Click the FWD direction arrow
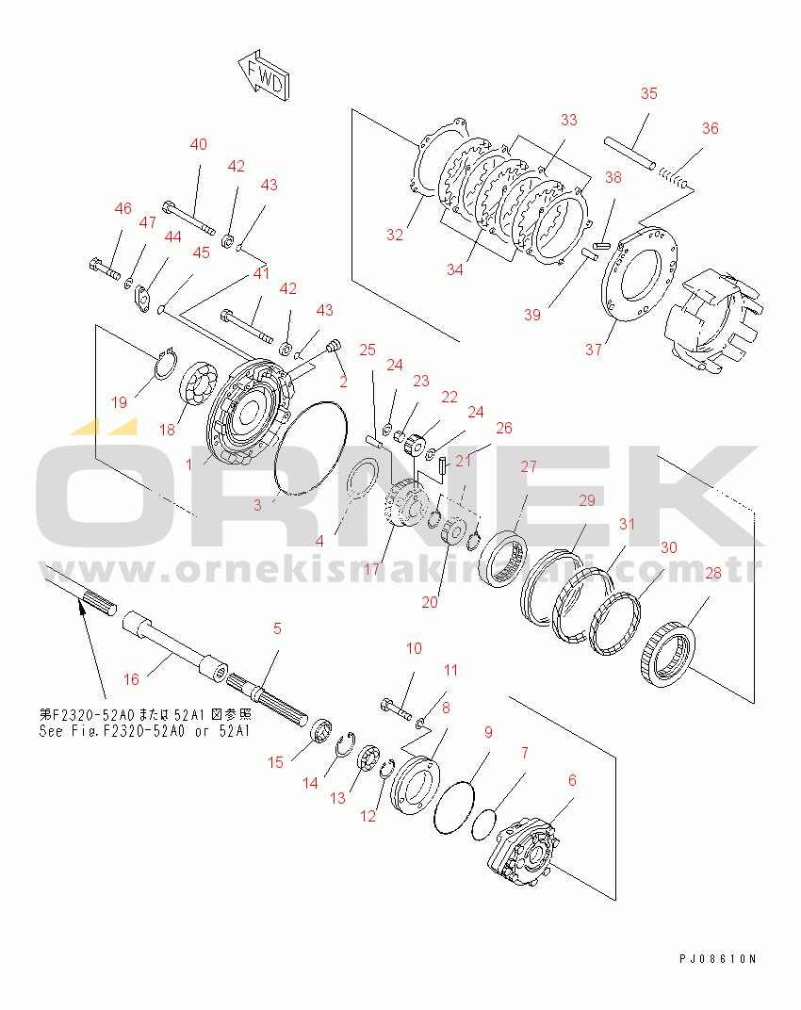[265, 76]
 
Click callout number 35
[648, 93]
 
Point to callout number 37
[593, 350]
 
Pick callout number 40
[198, 144]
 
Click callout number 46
[123, 208]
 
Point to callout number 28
[713, 573]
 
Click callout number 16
[131, 678]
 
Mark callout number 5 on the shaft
[277, 628]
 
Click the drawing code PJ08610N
[717, 958]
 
